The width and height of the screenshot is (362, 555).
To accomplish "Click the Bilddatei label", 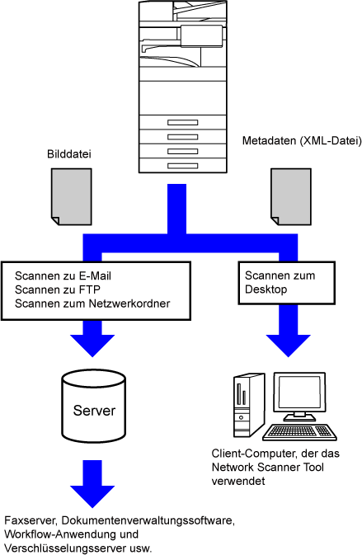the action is [69, 154].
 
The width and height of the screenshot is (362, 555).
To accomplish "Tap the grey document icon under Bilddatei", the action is [72, 197].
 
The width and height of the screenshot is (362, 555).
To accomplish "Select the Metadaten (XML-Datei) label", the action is [302, 141].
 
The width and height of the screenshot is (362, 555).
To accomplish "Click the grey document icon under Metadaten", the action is [291, 197].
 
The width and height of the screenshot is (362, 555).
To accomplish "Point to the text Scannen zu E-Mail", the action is [63, 276].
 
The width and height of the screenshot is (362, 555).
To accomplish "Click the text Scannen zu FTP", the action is [58, 290].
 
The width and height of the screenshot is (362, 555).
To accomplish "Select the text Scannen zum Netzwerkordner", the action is [92, 303].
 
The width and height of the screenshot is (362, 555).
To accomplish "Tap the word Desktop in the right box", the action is [266, 289].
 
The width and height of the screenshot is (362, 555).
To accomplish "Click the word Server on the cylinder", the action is [94, 411].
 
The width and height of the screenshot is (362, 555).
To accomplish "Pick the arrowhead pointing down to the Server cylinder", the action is [92, 345].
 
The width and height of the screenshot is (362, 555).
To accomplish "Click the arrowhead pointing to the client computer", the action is [289, 345].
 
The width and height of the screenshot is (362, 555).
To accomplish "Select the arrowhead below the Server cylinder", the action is [92, 496].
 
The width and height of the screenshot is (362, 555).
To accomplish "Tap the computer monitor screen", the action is [299, 393].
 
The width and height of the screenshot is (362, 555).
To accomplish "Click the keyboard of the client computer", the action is [299, 432].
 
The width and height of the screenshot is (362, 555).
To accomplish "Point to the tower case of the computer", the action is [249, 405].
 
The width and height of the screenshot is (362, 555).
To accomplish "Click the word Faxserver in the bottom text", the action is [31, 520].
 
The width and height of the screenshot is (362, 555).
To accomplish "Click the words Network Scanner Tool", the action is [267, 468].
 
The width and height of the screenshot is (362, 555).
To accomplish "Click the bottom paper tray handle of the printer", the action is [182, 166].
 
